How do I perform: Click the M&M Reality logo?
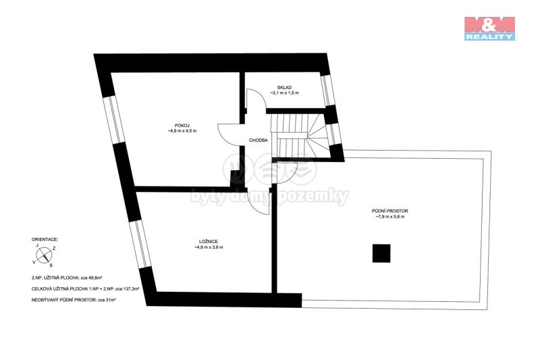click(489, 28)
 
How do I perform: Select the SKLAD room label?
click(284, 88)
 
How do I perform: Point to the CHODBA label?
click(259, 140)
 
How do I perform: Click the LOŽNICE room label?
click(209, 242)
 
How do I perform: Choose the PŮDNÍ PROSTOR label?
click(389, 211)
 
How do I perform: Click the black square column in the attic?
click(381, 253)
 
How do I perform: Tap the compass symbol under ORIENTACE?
click(44, 255)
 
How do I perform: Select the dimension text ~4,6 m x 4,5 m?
click(182, 131)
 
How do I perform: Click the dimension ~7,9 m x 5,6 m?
click(389, 217)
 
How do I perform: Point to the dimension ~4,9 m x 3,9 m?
click(209, 247)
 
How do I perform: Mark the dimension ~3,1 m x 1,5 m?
click(284, 93)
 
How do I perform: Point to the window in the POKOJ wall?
click(115, 120)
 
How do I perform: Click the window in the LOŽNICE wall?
click(140, 245)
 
